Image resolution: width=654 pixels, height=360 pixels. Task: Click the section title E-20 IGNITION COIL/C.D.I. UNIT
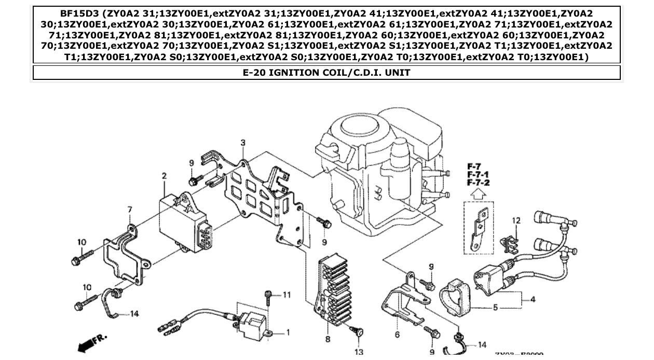(326, 73)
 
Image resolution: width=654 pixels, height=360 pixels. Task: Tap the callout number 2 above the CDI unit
(165, 176)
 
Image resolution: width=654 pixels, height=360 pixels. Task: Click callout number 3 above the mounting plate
(243, 143)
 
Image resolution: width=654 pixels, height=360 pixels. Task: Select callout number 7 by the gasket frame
(130, 210)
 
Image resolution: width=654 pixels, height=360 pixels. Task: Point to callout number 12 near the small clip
(516, 221)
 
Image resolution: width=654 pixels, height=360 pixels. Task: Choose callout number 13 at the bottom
(359, 352)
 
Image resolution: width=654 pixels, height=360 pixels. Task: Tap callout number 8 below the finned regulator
(328, 339)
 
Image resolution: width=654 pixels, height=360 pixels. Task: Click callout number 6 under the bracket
(398, 335)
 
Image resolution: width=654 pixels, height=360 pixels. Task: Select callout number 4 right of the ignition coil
(533, 299)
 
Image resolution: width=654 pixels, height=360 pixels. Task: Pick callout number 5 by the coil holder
(495, 308)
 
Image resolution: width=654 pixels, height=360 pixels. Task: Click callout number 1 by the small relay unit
(288, 333)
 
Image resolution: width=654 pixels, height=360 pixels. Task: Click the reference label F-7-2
(478, 183)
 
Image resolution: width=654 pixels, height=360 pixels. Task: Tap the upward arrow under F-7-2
(478, 195)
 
